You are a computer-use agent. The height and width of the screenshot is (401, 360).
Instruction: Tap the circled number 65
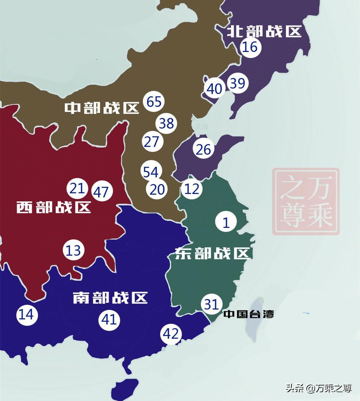click(154, 101)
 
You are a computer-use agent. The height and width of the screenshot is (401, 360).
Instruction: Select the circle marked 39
click(238, 83)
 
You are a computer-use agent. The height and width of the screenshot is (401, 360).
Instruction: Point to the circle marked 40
click(214, 89)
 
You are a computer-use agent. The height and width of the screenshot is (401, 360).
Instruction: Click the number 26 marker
click(204, 149)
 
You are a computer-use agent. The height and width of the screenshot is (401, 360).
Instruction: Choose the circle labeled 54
click(151, 172)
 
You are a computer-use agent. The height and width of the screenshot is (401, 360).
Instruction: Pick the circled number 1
click(226, 222)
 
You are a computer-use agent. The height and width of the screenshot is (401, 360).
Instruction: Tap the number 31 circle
click(211, 304)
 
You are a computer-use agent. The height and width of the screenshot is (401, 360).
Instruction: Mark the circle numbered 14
click(27, 315)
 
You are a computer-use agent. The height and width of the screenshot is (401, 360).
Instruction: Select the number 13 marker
click(73, 250)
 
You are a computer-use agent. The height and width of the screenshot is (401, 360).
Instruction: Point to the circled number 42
click(171, 334)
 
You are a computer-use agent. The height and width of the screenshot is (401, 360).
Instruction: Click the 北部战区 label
click(264, 32)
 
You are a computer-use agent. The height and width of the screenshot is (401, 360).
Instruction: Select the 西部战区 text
click(54, 207)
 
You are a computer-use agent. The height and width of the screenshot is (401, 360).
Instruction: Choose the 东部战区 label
click(212, 253)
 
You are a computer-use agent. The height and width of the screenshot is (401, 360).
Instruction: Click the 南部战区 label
click(110, 298)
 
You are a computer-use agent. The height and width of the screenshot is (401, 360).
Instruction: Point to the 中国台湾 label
click(249, 314)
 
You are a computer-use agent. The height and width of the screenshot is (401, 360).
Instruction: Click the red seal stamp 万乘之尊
click(306, 201)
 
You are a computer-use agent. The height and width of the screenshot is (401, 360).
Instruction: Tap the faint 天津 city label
click(202, 127)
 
